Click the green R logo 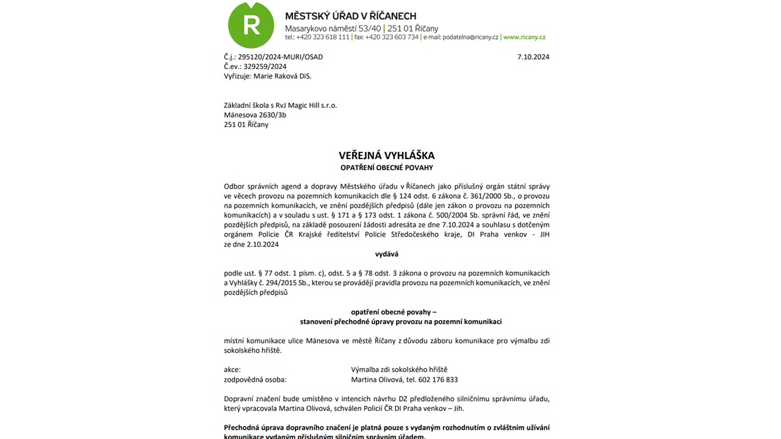coord(251,26)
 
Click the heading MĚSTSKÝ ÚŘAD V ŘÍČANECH coord(350,16)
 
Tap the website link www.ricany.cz coord(524,37)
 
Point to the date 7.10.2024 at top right coord(533,57)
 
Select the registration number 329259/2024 coord(262,66)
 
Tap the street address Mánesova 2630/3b coord(255,115)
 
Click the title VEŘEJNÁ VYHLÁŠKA coord(387,155)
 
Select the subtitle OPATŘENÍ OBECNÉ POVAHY coord(387,168)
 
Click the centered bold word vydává coord(387,254)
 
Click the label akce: coord(232,370)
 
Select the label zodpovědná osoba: coord(255,380)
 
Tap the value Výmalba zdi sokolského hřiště coord(399,370)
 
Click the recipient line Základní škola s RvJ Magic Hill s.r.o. coord(280,105)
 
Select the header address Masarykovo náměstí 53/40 coord(333,29)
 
